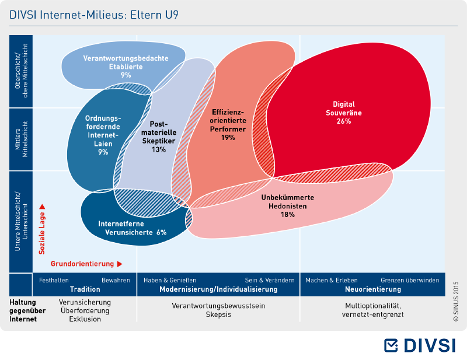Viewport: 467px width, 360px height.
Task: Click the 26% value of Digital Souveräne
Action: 344,121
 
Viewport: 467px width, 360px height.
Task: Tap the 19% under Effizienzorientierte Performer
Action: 228,138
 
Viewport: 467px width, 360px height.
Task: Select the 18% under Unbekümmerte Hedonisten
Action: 287,214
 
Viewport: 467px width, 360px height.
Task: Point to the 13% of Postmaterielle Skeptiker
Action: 158,149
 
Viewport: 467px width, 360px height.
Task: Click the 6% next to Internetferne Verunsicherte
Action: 162,232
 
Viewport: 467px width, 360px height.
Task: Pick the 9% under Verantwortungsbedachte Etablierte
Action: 126,75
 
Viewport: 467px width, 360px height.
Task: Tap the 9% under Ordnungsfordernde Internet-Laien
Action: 103,152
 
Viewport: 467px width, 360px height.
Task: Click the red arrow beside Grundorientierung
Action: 120,264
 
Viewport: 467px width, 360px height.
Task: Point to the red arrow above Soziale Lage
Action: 42,207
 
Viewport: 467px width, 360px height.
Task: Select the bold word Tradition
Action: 85,289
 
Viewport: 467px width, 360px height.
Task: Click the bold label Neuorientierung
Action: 373,289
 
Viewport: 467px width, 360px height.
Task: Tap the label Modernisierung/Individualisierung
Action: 218,289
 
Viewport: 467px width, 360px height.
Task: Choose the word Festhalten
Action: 54,280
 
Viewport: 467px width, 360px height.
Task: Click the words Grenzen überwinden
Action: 410,280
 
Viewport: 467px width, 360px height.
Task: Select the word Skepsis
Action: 218,314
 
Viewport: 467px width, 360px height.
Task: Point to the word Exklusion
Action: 85,319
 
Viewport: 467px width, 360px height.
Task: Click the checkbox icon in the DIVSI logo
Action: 391,345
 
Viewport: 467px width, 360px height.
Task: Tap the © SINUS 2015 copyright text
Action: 456,301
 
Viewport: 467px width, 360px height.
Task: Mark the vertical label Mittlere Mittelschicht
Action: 21,139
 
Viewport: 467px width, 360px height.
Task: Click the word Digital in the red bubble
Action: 344,104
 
